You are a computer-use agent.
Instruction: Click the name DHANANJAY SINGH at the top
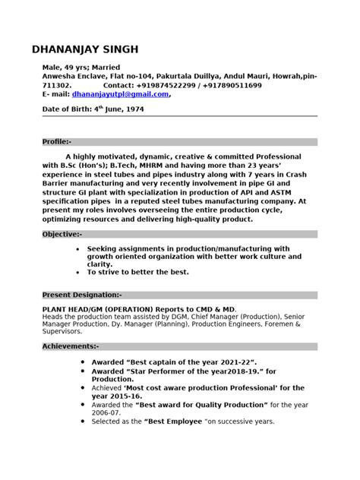coord(85,49)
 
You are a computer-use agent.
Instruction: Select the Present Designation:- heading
coord(81,294)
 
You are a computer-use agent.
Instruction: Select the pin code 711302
coord(55,86)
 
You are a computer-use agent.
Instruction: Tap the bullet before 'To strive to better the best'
coord(81,271)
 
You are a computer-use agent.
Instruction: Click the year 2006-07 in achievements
coord(109,412)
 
